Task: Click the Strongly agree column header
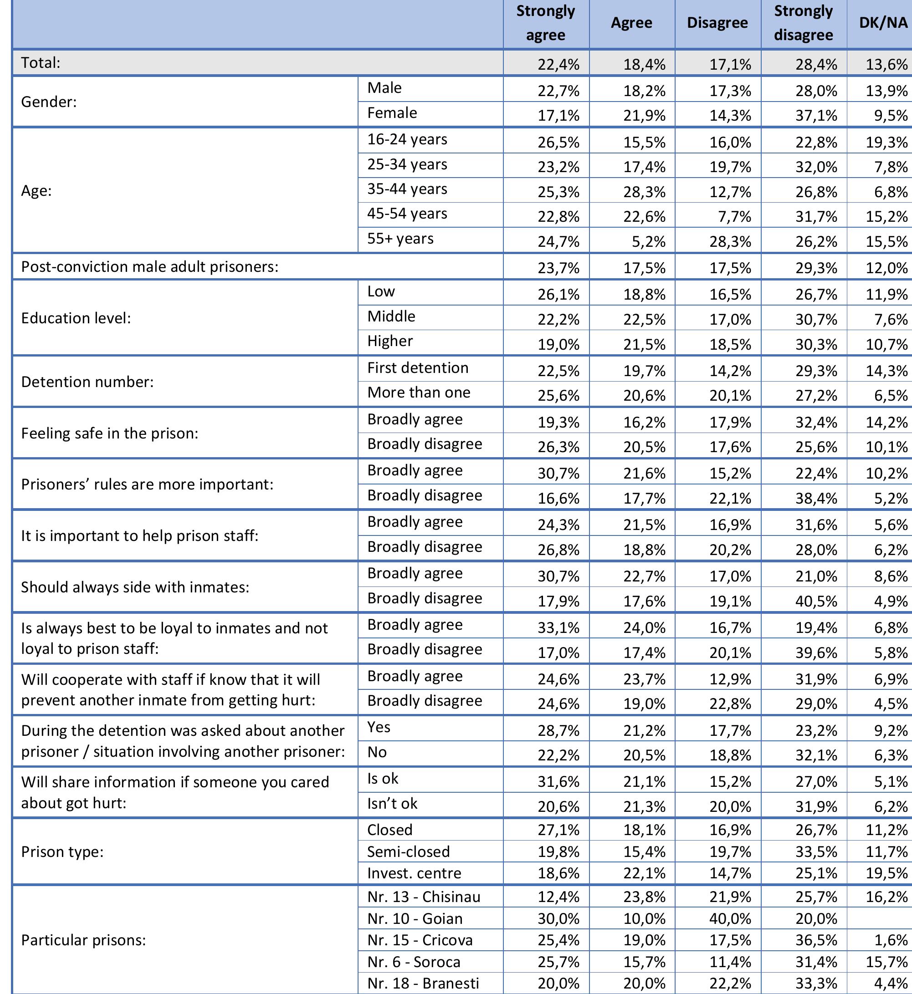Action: click(x=545, y=23)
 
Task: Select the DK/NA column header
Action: click(x=883, y=23)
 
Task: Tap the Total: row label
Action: click(x=41, y=63)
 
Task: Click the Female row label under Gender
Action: click(x=392, y=113)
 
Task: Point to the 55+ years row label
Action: click(x=400, y=239)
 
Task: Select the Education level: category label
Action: click(x=76, y=318)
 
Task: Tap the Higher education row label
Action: click(x=390, y=342)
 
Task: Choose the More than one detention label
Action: click(x=419, y=393)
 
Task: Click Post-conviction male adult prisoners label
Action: click(x=149, y=267)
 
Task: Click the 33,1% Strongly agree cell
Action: click(x=558, y=628)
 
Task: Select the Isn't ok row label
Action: click(x=392, y=804)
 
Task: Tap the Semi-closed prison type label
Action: click(x=408, y=852)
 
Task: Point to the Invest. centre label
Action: click(x=414, y=874)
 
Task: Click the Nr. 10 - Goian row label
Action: click(x=415, y=919)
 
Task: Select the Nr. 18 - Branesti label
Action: click(x=423, y=984)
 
